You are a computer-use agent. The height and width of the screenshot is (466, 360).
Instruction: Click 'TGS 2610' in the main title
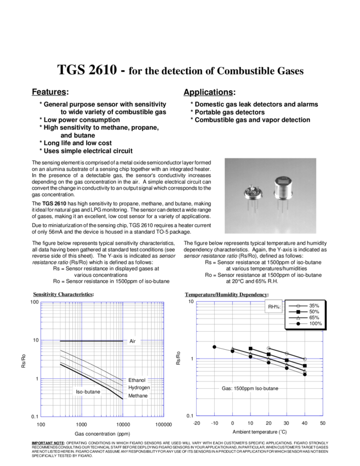87,71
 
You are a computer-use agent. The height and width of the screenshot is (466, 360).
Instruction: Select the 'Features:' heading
50,91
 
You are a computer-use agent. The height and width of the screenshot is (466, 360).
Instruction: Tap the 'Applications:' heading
209,91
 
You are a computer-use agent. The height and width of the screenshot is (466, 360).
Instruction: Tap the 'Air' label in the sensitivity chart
132,341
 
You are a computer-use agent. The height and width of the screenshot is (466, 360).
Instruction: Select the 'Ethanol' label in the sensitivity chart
137,380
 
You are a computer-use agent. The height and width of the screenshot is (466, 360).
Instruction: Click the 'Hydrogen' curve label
139,388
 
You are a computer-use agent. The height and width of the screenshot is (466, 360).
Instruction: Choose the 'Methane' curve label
138,395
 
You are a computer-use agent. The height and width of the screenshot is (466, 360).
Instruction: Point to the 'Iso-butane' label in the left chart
87,392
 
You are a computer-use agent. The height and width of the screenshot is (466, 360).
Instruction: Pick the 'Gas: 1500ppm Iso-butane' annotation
249,389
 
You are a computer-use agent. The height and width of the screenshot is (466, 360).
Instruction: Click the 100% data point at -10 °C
214,346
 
